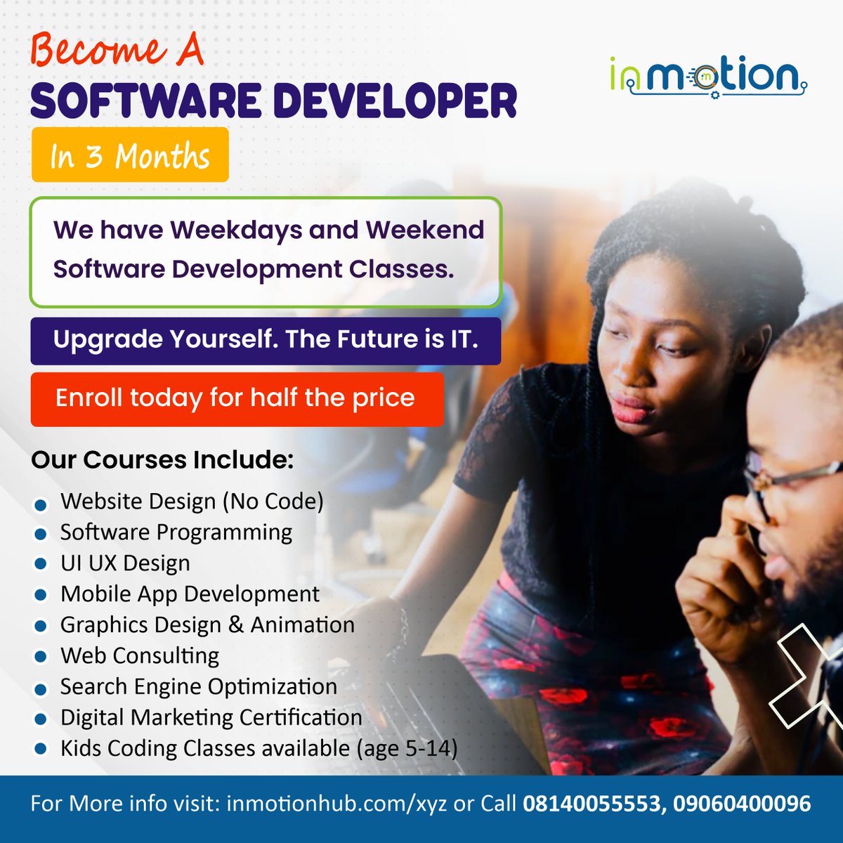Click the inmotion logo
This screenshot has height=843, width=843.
tap(708, 76)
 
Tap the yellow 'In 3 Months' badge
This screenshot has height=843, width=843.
tap(130, 155)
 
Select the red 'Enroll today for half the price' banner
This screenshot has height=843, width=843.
tap(237, 399)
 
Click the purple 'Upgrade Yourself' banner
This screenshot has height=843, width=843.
tap(266, 341)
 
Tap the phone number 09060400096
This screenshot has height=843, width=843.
tap(742, 804)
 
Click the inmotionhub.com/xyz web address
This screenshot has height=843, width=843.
tap(336, 804)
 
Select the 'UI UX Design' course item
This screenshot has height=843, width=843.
tap(125, 563)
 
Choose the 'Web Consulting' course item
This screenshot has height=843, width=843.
tap(140, 656)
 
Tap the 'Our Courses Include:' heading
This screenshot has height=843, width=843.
tap(162, 460)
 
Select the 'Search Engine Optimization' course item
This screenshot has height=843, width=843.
tap(199, 687)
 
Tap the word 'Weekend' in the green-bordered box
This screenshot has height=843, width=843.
tap(424, 230)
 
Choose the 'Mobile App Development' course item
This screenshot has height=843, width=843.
tap(190, 594)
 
